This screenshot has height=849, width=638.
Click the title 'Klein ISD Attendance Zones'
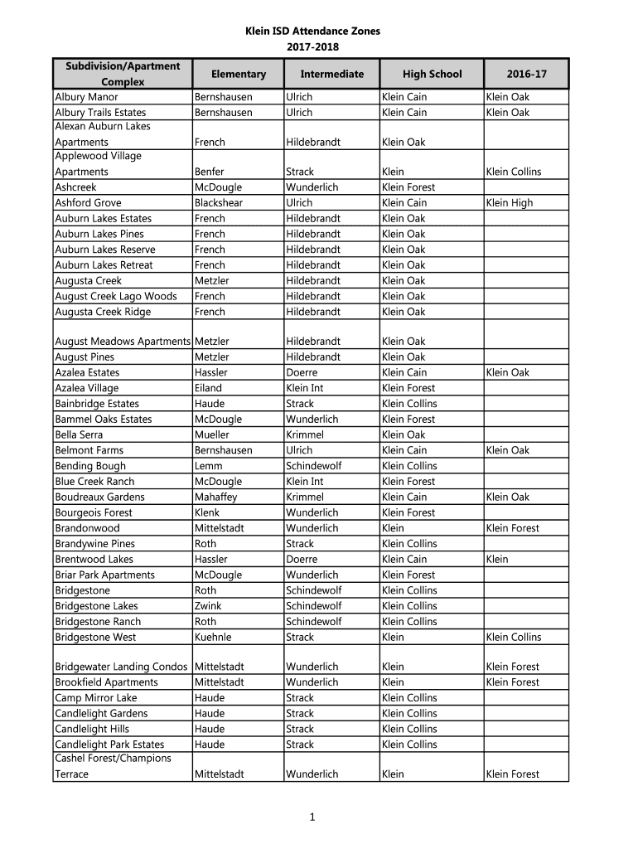tap(312, 31)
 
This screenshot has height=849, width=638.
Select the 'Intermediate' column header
tap(331, 75)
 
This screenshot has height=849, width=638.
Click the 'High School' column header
tap(432, 75)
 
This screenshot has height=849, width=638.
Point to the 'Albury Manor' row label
tap(86, 97)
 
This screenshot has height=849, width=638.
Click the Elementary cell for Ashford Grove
tap(219, 203)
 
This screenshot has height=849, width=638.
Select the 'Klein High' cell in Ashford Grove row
tap(510, 203)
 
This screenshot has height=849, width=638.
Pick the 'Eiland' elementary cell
tap(208, 388)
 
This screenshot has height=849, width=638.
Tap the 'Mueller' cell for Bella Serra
tap(212, 434)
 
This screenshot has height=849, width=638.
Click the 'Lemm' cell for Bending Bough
tap(208, 466)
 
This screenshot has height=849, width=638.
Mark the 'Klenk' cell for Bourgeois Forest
tap(208, 512)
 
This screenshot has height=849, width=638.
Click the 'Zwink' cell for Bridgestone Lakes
tap(208, 606)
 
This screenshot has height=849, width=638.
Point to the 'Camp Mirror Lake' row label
tap(95, 698)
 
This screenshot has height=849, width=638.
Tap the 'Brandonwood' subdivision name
tap(87, 528)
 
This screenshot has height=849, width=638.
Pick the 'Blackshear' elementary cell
tap(219, 203)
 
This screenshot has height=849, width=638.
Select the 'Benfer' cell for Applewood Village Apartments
tap(209, 172)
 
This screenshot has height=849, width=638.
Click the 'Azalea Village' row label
tap(86, 388)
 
